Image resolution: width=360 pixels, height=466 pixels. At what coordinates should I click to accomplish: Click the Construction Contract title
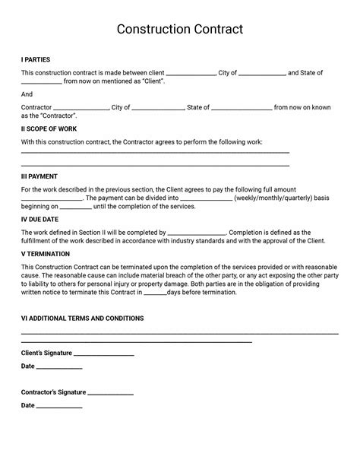point(180,30)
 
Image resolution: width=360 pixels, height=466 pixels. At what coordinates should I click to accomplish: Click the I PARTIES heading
point(36,59)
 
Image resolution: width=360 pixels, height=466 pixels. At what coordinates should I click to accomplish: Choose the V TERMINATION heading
point(46,253)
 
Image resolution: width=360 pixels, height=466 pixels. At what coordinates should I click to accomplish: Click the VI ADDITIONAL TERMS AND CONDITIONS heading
point(93,319)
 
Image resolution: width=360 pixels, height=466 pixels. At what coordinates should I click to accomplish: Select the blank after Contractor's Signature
point(111,394)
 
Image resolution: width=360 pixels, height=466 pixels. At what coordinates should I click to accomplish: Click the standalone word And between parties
point(27,94)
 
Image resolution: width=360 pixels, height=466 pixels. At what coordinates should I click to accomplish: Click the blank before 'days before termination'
point(155,293)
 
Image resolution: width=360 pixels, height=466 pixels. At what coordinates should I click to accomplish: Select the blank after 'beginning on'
point(75,207)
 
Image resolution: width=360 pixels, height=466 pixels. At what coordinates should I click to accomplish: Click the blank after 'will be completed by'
point(196,233)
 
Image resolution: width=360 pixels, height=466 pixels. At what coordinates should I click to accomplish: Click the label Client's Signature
point(46,353)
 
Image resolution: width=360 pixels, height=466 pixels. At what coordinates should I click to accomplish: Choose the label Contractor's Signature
point(53,393)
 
